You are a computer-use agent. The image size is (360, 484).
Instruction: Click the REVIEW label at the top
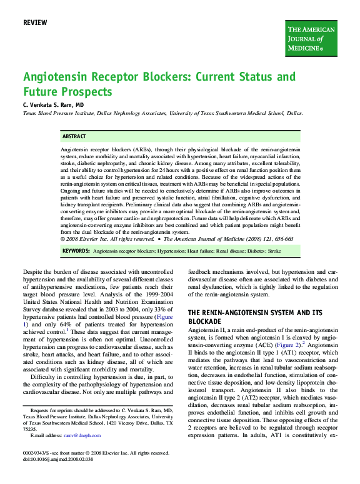click(x=34, y=23)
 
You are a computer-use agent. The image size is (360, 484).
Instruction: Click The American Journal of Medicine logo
click(x=311, y=38)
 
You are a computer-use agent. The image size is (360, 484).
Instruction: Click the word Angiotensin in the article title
click(x=53, y=78)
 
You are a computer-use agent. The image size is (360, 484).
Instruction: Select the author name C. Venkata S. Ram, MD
click(x=53, y=106)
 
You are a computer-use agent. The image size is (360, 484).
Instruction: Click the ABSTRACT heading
click(x=74, y=136)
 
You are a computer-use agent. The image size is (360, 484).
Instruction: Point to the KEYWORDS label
click(x=76, y=250)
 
